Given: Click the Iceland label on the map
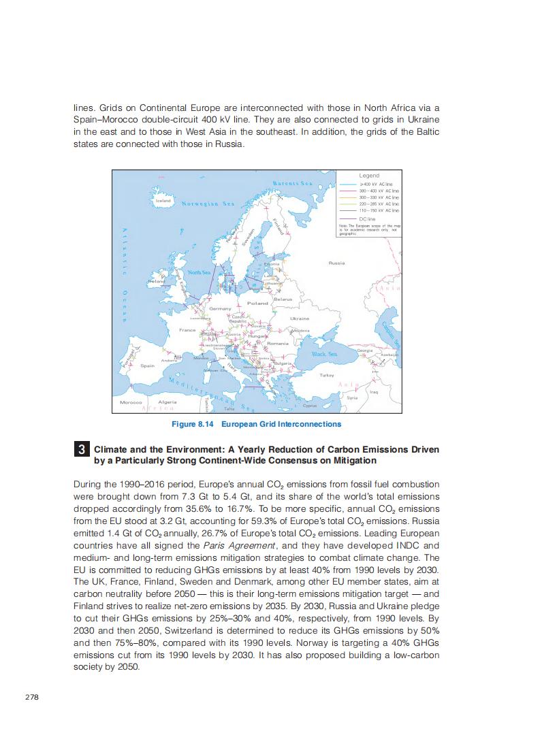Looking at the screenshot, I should tap(163, 201).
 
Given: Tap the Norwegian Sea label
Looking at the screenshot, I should tap(208, 203).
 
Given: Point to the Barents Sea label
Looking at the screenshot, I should tap(292, 184).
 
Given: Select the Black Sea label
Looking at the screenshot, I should tap(324, 354).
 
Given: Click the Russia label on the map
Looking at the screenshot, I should tap(336, 263).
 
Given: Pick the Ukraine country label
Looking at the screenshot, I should tap(300, 318).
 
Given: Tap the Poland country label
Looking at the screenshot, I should tap(257, 303).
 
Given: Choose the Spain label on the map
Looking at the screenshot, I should tap(148, 365).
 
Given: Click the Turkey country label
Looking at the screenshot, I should tap(327, 375).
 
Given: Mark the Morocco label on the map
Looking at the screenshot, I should tap(130, 402).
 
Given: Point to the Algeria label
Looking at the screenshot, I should tap(167, 402).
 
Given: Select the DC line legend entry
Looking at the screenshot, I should tap(368, 218).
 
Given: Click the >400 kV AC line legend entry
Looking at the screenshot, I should tap(379, 184).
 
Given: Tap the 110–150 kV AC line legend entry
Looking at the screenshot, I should tap(379, 211).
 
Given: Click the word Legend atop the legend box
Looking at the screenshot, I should tap(369, 176).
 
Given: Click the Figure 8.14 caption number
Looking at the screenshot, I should tap(193, 424).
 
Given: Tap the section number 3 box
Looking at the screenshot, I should tap(81, 450).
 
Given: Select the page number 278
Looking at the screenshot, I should tap(31, 698).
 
